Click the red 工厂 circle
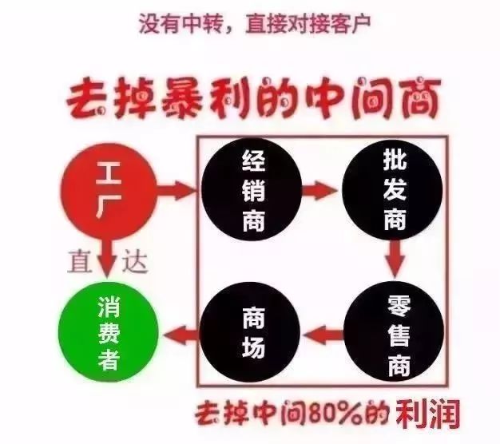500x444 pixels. click(109, 191)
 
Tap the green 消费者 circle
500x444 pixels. click(109, 333)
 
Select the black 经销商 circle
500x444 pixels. click(252, 190)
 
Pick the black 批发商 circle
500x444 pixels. click(393, 190)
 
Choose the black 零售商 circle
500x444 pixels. click(394, 332)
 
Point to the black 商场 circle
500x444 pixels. click(250, 333)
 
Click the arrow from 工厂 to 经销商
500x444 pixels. click(176, 191)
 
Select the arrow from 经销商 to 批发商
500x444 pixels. click(319, 191)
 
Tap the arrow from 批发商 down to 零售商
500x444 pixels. click(395, 258)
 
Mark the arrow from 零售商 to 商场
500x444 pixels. click(323, 334)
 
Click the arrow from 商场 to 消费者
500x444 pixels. click(181, 334)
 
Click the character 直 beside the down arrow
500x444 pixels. click(79, 260)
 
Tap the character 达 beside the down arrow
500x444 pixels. click(134, 260)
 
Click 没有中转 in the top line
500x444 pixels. click(181, 24)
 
